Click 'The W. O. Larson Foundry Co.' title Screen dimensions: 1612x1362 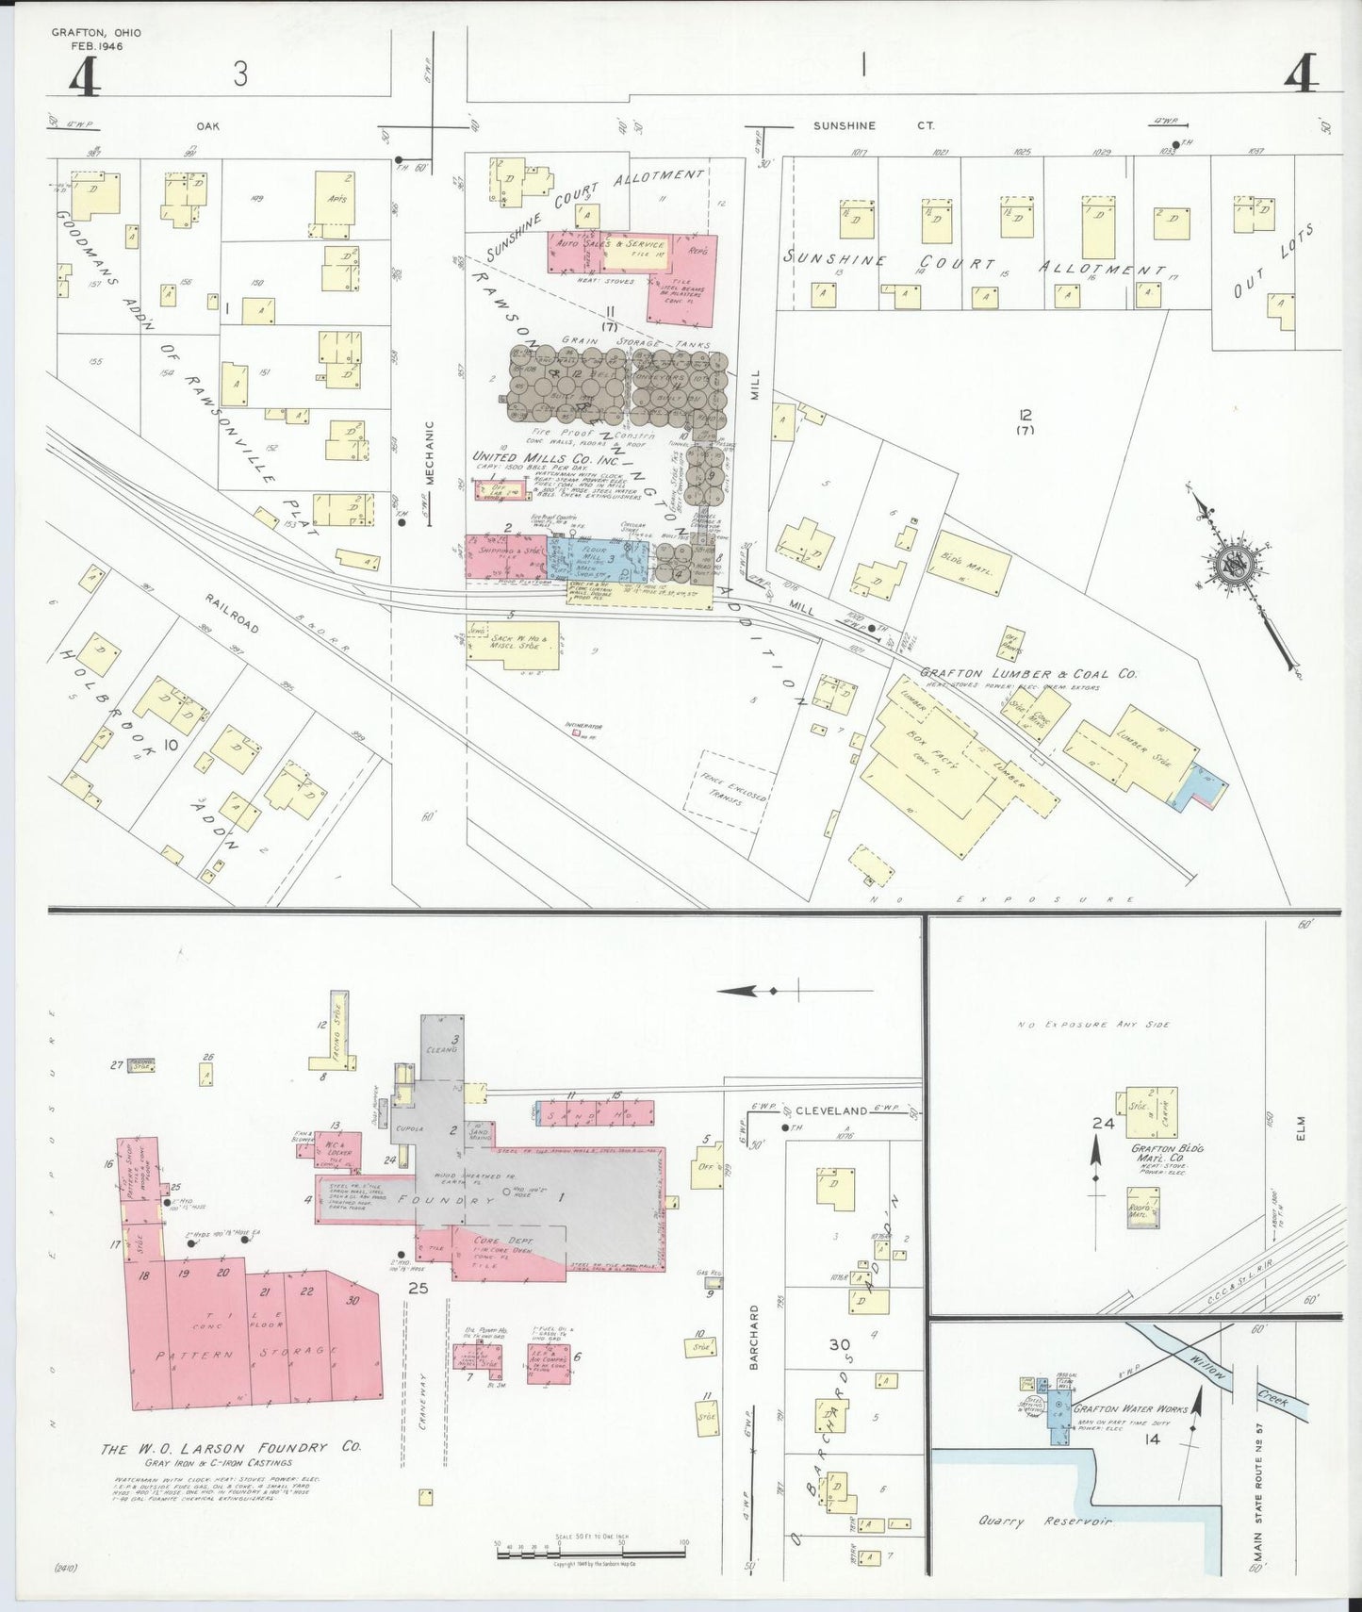point(231,1448)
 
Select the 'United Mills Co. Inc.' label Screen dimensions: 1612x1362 point(533,456)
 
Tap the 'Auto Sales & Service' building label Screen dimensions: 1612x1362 point(611,244)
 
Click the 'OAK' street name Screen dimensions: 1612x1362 point(206,125)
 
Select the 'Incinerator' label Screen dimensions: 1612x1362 point(583,726)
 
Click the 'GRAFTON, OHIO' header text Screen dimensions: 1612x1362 point(96,33)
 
